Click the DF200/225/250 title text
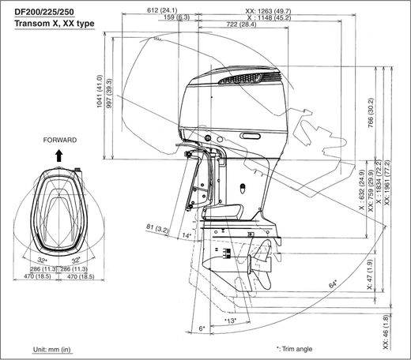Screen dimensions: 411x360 tap(44, 12)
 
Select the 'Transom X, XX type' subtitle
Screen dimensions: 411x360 tap(55, 24)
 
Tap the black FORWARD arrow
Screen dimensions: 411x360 tap(59, 156)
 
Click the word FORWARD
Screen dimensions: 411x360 tap(60, 140)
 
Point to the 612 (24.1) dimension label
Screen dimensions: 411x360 tap(162, 10)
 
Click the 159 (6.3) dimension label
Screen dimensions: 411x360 tap(176, 17)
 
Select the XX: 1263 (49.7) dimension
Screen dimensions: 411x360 tap(268, 11)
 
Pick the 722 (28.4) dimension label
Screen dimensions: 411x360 tap(241, 24)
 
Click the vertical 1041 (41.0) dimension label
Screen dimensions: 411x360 tap(100, 92)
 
